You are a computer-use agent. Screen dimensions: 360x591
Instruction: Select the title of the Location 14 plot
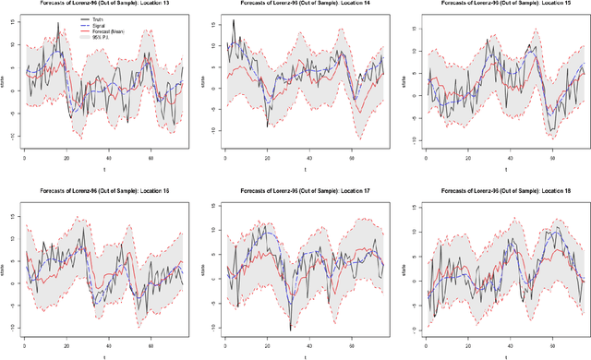pos(303,4)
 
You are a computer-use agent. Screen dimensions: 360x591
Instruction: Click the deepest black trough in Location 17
pos(290,330)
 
